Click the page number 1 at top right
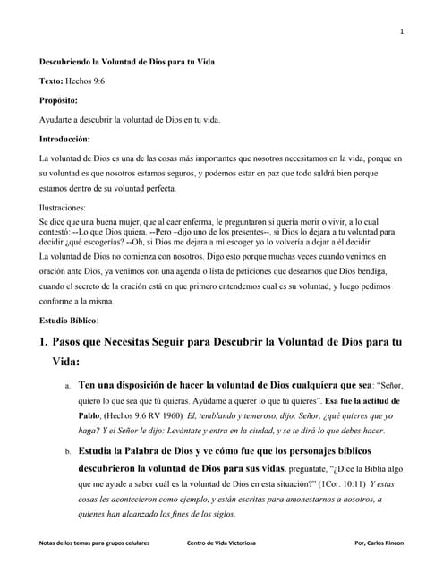tap(402, 32)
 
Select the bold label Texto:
tap(51, 81)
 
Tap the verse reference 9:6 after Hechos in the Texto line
tap(97, 81)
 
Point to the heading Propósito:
tap(58, 100)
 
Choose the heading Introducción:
tap(64, 140)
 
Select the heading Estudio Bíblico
tap(68, 320)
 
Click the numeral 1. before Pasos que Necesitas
tap(42, 342)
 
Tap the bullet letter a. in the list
tap(68, 386)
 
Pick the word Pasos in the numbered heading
tap(71, 342)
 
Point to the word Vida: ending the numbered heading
tap(66, 363)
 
